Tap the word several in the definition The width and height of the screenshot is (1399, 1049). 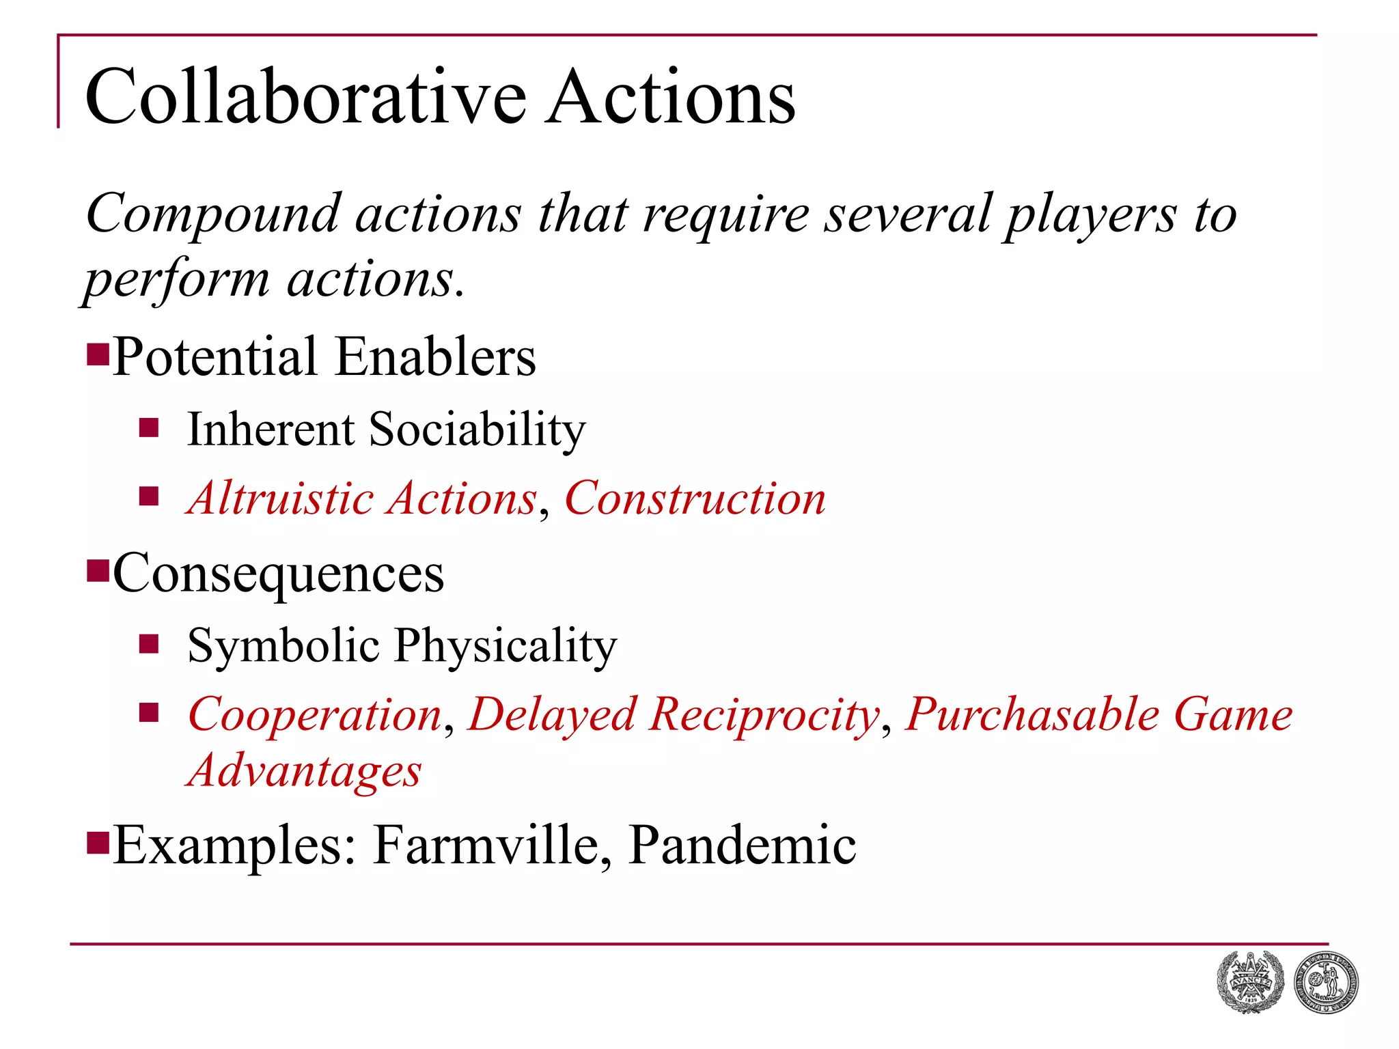[x=908, y=214]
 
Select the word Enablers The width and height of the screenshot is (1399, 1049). [x=436, y=356]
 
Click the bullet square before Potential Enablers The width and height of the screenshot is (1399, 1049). [x=98, y=354]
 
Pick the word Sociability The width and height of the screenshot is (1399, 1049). [x=477, y=430]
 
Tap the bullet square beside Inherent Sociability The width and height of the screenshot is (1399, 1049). [x=149, y=428]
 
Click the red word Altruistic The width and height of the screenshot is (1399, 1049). [x=280, y=498]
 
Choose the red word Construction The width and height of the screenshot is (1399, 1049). [x=695, y=498]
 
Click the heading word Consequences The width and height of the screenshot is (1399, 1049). [x=279, y=574]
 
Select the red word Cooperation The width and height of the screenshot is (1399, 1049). [x=315, y=715]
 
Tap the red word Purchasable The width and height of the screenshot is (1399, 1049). [x=1032, y=715]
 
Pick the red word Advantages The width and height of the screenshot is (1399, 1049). [x=305, y=772]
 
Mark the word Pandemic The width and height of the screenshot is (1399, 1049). [x=742, y=845]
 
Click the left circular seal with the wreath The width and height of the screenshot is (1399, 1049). [x=1250, y=981]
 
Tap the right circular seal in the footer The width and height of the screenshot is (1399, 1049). [x=1325, y=982]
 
